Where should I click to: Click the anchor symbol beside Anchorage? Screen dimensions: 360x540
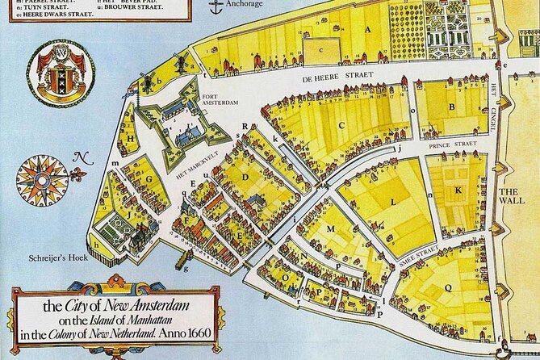214,7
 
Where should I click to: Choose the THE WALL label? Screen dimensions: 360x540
513,197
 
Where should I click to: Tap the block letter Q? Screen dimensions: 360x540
448,284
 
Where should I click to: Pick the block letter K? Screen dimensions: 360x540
458,190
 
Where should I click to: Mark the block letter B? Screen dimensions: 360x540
453,106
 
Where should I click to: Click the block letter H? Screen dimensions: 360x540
130,138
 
